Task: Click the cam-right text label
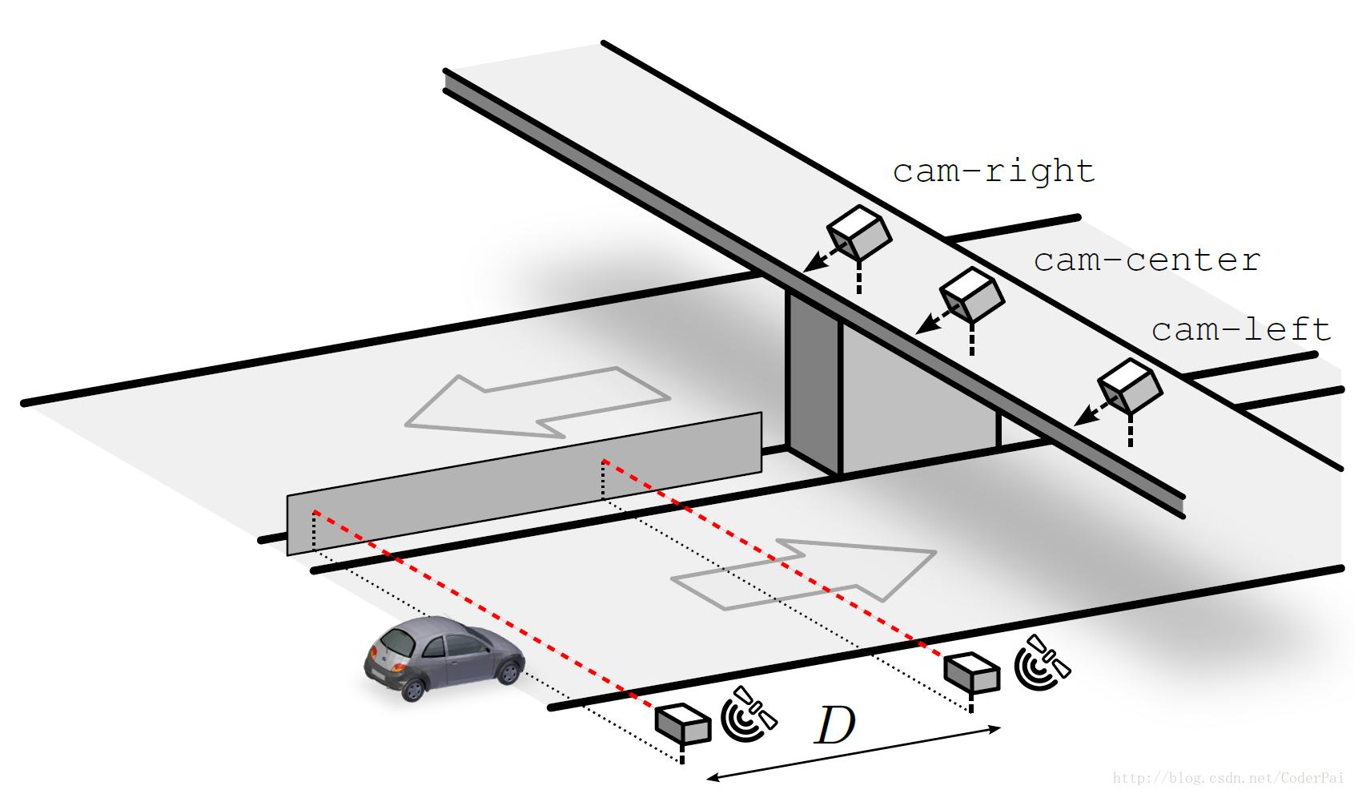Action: pos(993,171)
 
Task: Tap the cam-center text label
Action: pos(1146,260)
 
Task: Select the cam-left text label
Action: pos(1240,329)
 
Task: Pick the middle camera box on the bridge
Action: pos(972,294)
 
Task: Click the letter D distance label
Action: pos(835,726)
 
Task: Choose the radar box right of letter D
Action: pos(972,671)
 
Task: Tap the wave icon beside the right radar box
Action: pos(1041,663)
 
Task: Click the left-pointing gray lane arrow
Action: pos(536,401)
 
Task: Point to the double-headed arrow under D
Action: pos(854,753)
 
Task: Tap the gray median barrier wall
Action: pos(524,483)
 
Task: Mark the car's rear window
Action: pos(398,642)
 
